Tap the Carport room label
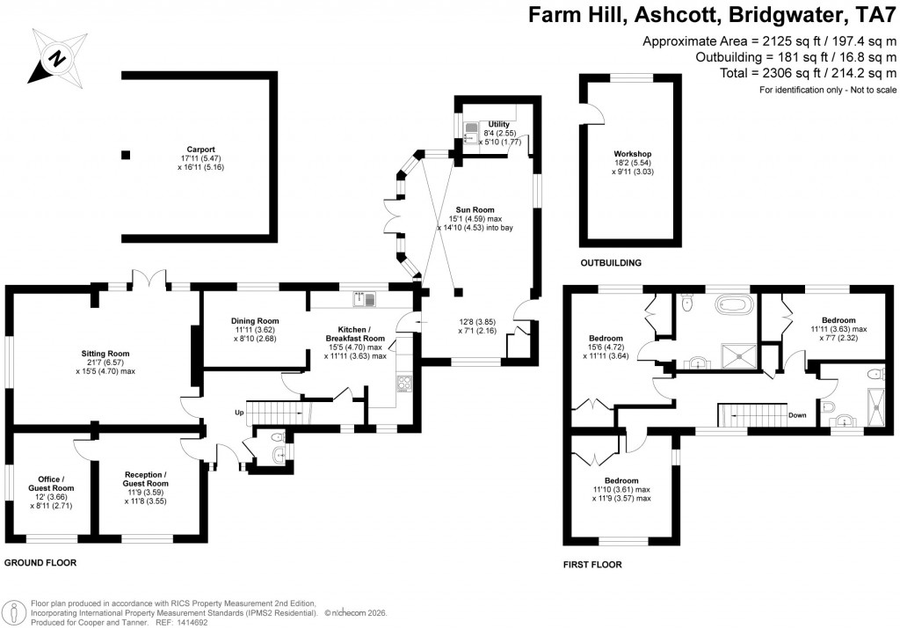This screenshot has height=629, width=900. tap(200, 149)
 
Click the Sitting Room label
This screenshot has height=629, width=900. tap(105, 354)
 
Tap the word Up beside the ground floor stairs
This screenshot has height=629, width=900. tap(237, 412)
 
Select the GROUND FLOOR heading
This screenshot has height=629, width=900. tap(40, 561)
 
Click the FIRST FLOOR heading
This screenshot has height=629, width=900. tap(592, 564)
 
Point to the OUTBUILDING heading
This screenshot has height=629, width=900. tap(611, 262)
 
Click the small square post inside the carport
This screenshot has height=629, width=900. tap(126, 155)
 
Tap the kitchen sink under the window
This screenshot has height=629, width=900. tap(364, 300)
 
